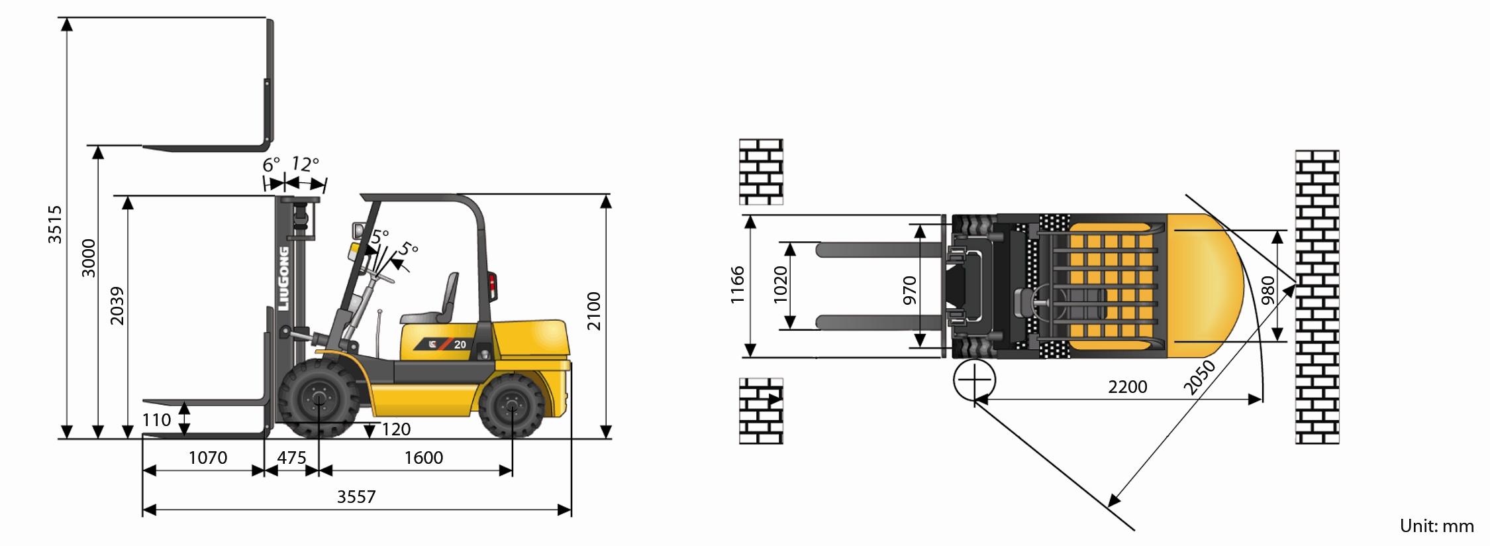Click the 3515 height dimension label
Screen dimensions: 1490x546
[x=56, y=225]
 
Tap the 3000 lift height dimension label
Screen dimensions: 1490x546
[x=88, y=258]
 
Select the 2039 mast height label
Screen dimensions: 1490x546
[x=117, y=305]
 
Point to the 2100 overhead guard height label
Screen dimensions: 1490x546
[x=593, y=311]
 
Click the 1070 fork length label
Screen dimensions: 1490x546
[x=208, y=458]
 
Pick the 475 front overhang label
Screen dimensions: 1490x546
[x=291, y=458]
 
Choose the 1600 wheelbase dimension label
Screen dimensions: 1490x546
[x=423, y=458]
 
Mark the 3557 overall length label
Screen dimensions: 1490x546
[x=356, y=497]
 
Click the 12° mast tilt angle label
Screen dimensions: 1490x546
[x=305, y=164]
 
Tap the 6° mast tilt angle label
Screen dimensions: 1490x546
[x=272, y=164]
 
